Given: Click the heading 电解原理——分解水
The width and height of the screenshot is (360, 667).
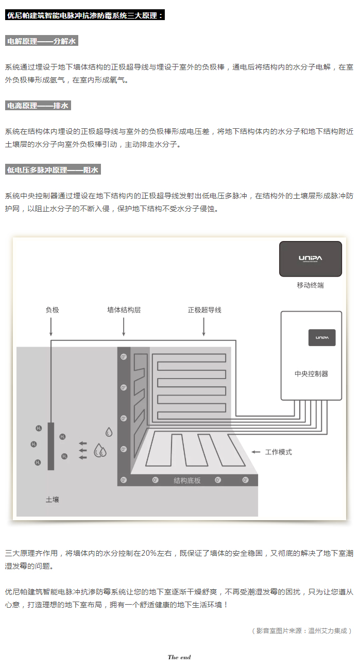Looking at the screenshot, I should point(41,41).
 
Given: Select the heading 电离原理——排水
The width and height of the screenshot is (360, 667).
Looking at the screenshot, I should point(38,106).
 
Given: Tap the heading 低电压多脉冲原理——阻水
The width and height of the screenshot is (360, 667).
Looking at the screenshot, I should point(53,169).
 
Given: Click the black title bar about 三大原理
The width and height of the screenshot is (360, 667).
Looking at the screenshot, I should point(85,15).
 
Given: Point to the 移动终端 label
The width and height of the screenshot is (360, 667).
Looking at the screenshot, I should point(310,285).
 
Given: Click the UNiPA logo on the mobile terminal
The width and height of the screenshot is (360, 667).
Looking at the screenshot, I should point(310,259).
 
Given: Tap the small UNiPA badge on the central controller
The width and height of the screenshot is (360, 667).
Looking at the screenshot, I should point(322,337).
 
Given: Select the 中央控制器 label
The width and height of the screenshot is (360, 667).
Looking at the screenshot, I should point(311,373).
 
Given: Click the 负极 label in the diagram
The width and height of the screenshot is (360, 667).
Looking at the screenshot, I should point(52,310).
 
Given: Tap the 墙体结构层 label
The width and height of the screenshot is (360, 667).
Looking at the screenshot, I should point(124,310).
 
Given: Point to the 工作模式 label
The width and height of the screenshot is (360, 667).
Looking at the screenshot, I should point(278,452).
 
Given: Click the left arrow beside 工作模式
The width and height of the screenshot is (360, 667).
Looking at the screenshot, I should point(256,452).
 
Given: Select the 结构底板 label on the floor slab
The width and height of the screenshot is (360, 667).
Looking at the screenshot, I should point(187,481).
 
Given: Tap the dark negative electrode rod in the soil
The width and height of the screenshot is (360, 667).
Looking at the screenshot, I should point(50,446).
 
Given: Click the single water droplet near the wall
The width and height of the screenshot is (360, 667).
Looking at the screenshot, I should point(109,432).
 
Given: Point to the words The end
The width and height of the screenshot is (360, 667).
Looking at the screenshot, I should point(179,657).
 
